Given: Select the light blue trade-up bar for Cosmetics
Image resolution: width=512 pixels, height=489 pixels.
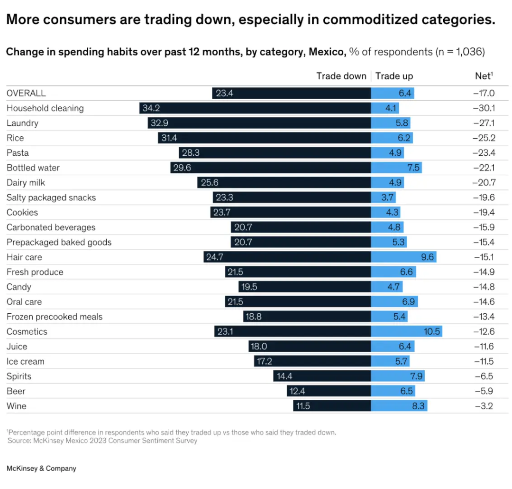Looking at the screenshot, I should [406, 332].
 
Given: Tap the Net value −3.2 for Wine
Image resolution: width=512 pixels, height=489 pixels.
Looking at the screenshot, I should [484, 406].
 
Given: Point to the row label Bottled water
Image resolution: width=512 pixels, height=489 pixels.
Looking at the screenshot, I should [33, 168].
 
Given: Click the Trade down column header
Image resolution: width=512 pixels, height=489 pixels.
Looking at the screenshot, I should [341, 76].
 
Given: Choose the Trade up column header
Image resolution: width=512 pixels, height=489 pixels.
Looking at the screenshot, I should [394, 76].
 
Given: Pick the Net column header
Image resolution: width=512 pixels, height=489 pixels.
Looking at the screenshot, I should [484, 76].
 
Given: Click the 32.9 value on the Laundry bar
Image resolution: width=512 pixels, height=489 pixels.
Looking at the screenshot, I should [159, 123].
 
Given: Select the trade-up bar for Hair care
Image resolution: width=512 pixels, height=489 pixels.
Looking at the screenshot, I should [403, 257].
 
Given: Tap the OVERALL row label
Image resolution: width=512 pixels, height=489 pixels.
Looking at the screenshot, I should [26, 94].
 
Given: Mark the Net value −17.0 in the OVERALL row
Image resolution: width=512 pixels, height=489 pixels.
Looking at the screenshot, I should [484, 94].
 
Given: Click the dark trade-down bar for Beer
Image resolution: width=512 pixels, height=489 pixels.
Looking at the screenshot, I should [329, 392].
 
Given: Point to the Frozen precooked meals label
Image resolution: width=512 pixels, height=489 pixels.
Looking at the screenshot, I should [55, 317].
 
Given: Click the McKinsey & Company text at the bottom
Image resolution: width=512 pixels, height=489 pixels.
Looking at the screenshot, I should [41, 469].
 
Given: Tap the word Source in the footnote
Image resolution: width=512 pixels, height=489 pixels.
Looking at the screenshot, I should [18, 441].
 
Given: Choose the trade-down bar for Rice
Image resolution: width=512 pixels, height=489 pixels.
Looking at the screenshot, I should [264, 138].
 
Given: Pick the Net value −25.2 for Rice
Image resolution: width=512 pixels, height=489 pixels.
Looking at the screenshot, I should [484, 138].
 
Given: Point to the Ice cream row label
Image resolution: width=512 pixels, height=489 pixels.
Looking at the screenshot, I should [26, 362].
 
